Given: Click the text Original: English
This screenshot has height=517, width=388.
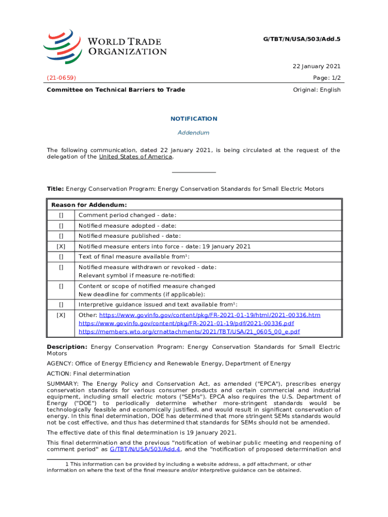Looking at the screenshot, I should point(316,90).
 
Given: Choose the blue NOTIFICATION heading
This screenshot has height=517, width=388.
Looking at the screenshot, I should point(194,119).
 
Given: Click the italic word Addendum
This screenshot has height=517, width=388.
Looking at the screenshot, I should point(194,133).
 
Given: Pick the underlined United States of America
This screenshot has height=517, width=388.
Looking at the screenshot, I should point(136,157).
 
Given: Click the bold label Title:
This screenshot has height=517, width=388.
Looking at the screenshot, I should point(55,189).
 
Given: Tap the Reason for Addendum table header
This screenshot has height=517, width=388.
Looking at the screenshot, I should point(89,205).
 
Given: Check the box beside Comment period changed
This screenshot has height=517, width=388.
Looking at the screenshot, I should point(61,216).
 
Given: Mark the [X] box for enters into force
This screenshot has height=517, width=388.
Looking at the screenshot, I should point(61,246).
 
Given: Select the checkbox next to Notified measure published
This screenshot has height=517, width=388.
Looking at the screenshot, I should point(61,236).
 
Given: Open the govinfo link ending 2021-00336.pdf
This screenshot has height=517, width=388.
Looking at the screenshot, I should point(186,323).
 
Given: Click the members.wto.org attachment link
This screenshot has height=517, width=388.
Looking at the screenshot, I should point(189,332).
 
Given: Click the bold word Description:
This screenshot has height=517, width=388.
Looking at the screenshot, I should point(67,347).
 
